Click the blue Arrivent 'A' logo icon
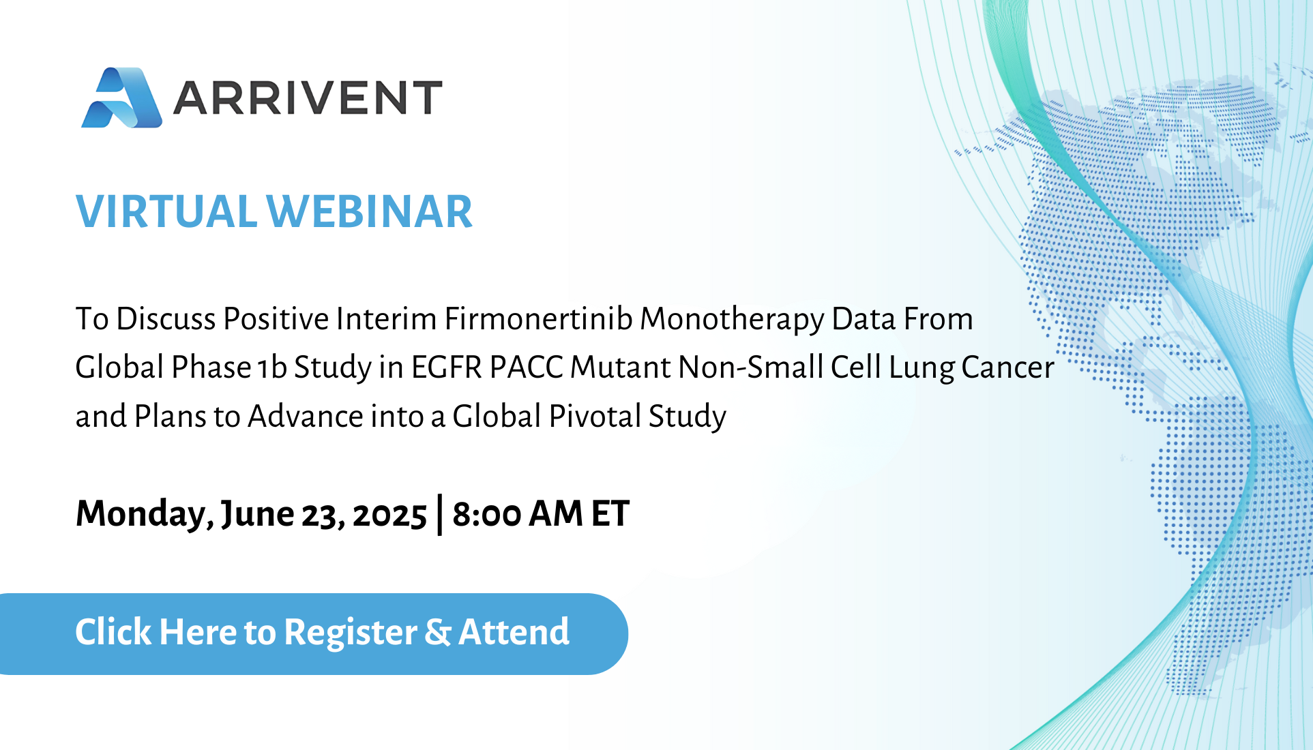(x=121, y=97)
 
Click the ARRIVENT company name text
(x=308, y=97)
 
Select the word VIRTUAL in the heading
(x=166, y=211)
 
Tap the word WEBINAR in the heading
(x=369, y=211)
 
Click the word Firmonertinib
(x=539, y=318)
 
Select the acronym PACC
(x=526, y=367)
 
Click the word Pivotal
(x=595, y=416)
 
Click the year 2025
(x=389, y=515)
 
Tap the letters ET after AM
(x=610, y=514)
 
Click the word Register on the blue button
(x=351, y=633)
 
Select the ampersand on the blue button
(x=438, y=632)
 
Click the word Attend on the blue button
(x=514, y=631)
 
